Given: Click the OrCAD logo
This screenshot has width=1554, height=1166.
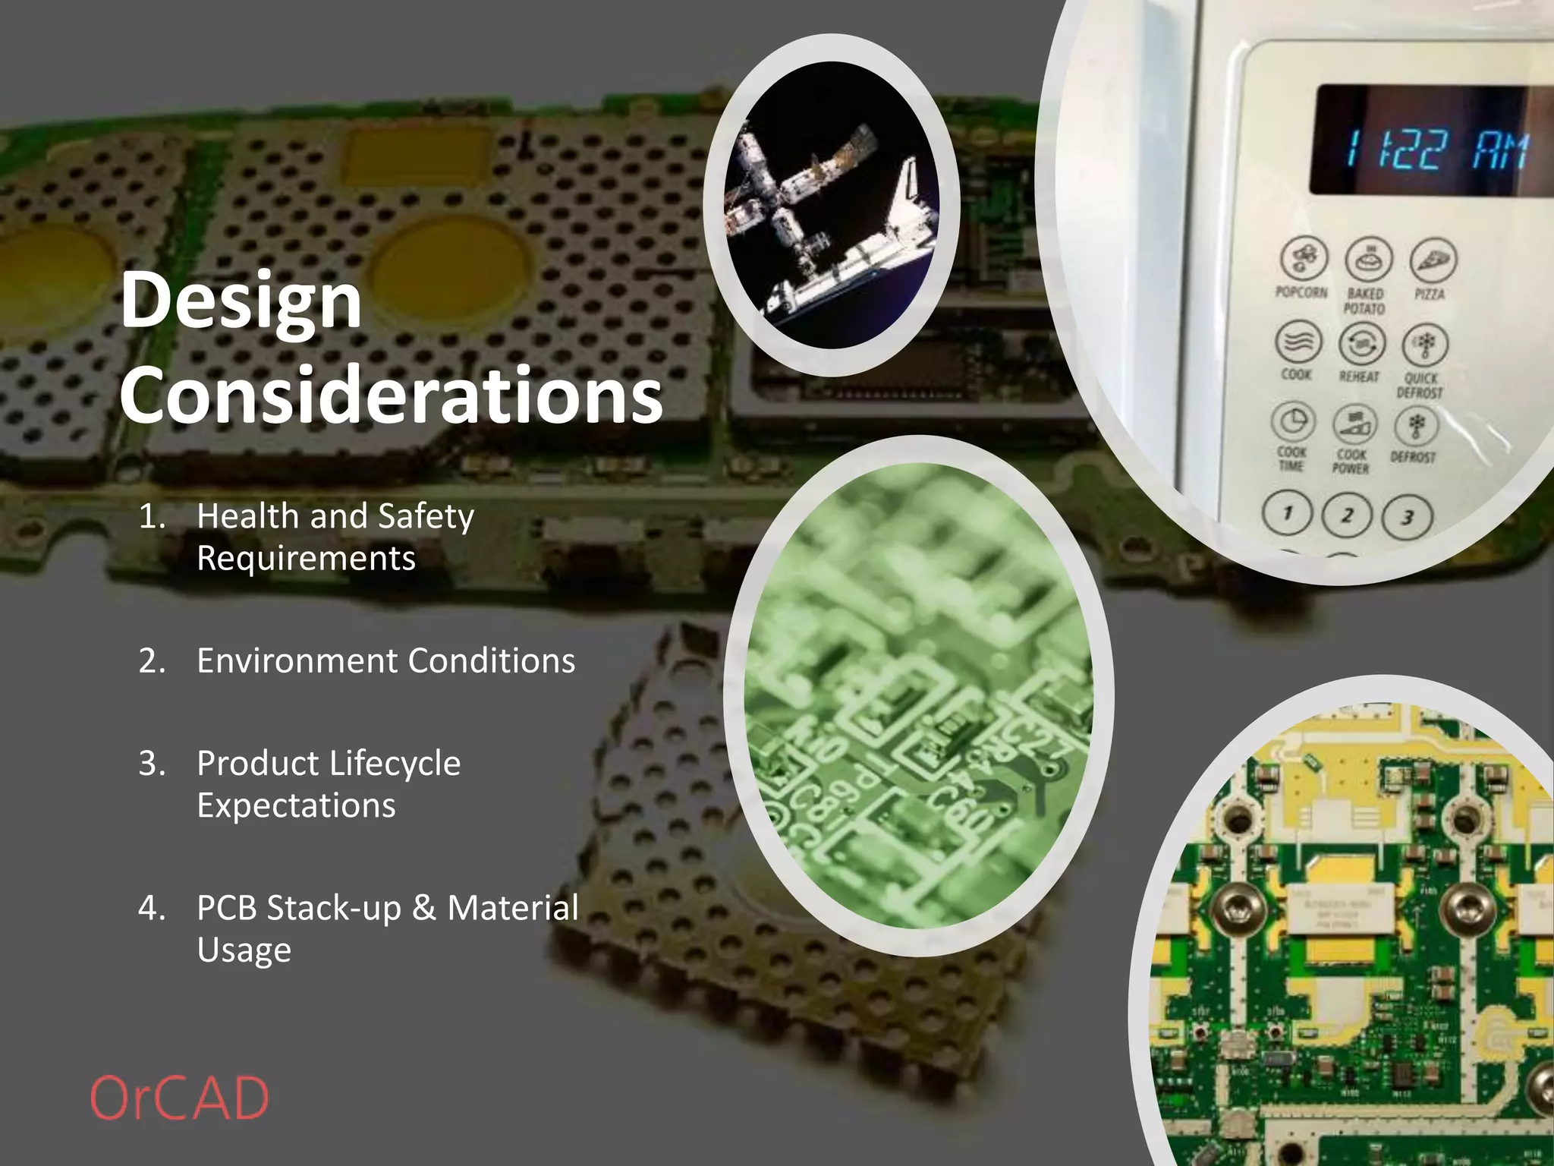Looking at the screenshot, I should tap(179, 1098).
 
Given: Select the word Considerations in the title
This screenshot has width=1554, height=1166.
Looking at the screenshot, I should tap(391, 395).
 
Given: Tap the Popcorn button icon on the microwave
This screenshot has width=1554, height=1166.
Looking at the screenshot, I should tap(1304, 258).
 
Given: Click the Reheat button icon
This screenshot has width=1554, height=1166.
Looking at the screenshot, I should tap(1362, 344).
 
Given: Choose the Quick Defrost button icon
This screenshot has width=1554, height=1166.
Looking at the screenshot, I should tap(1425, 345).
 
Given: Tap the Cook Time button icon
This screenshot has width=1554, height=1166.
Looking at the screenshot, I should tap(1294, 421).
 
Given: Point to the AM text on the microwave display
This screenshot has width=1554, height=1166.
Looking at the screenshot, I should tap(1500, 150).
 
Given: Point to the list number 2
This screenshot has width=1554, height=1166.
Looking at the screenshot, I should tap(151, 660).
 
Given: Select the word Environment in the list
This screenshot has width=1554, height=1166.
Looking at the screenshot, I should tap(297, 660).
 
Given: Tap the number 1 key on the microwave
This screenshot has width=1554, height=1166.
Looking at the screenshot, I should tap(1287, 513).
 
